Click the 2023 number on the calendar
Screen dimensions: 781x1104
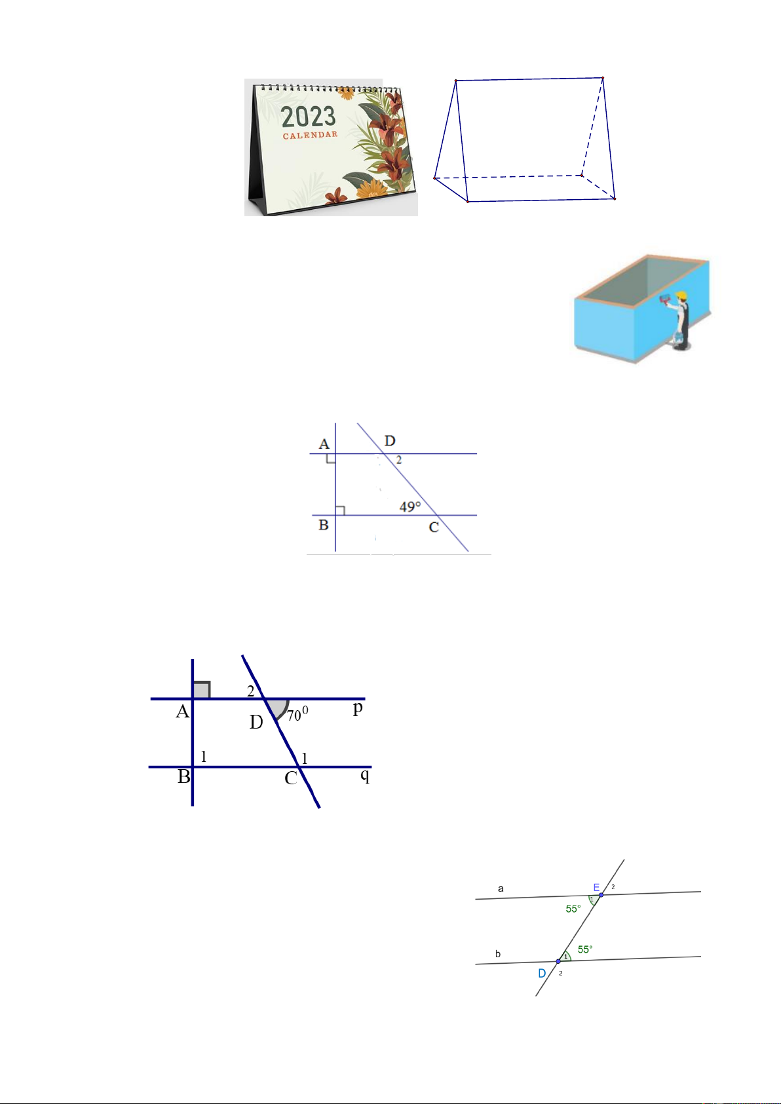point(309,117)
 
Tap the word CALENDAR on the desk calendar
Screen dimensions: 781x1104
point(310,135)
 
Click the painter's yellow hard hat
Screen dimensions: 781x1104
point(681,295)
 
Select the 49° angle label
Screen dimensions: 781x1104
point(410,506)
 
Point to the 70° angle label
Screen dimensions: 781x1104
point(297,714)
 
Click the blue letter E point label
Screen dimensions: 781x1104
point(596,888)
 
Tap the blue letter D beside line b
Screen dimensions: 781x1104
point(542,974)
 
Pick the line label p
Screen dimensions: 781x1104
point(358,709)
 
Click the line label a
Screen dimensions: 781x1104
point(501,888)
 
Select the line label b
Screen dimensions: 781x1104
point(498,954)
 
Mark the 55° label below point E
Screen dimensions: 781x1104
point(573,909)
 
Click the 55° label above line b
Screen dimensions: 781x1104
point(585,949)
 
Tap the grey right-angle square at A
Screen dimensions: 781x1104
point(202,690)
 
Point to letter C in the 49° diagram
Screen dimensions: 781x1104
point(434,527)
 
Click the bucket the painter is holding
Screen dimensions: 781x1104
point(679,337)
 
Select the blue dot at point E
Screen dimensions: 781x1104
point(601,895)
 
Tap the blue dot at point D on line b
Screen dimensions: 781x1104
point(558,962)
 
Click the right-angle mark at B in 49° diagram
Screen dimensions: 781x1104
point(340,510)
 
